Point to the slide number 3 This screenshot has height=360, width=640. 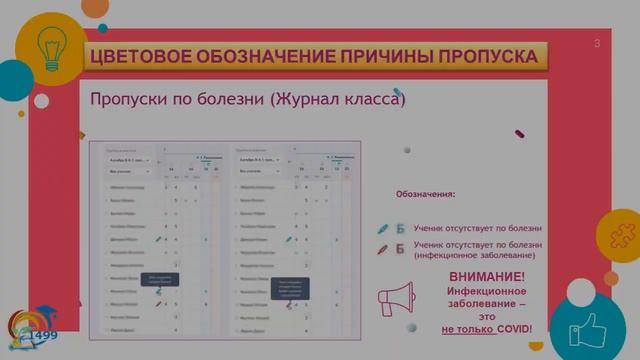597,43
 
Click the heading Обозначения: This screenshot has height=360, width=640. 426,194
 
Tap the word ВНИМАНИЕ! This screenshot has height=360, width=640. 486,276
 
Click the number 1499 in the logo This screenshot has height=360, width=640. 43,336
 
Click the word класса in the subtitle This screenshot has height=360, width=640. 379,101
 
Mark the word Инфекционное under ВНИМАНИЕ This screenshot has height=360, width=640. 486,290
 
